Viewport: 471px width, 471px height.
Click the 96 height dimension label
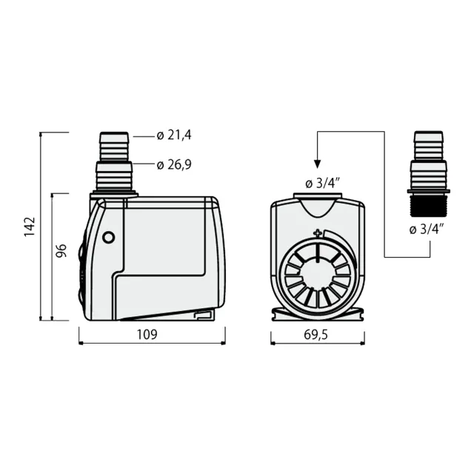(x=62, y=251)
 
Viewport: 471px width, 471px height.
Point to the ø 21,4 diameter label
(x=174, y=136)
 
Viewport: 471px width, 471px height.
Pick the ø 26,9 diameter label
(x=174, y=164)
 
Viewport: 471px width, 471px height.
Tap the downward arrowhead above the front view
(x=317, y=165)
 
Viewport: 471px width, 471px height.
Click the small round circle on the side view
(x=109, y=238)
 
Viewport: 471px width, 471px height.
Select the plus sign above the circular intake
(x=318, y=234)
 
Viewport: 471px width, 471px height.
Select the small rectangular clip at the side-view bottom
(x=202, y=316)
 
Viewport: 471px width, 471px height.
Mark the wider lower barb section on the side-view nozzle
(x=113, y=176)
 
